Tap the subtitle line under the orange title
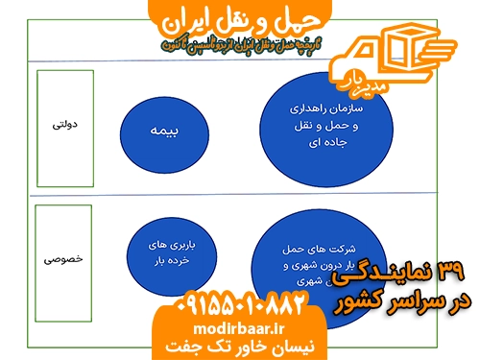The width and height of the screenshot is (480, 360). tap(239, 44)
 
